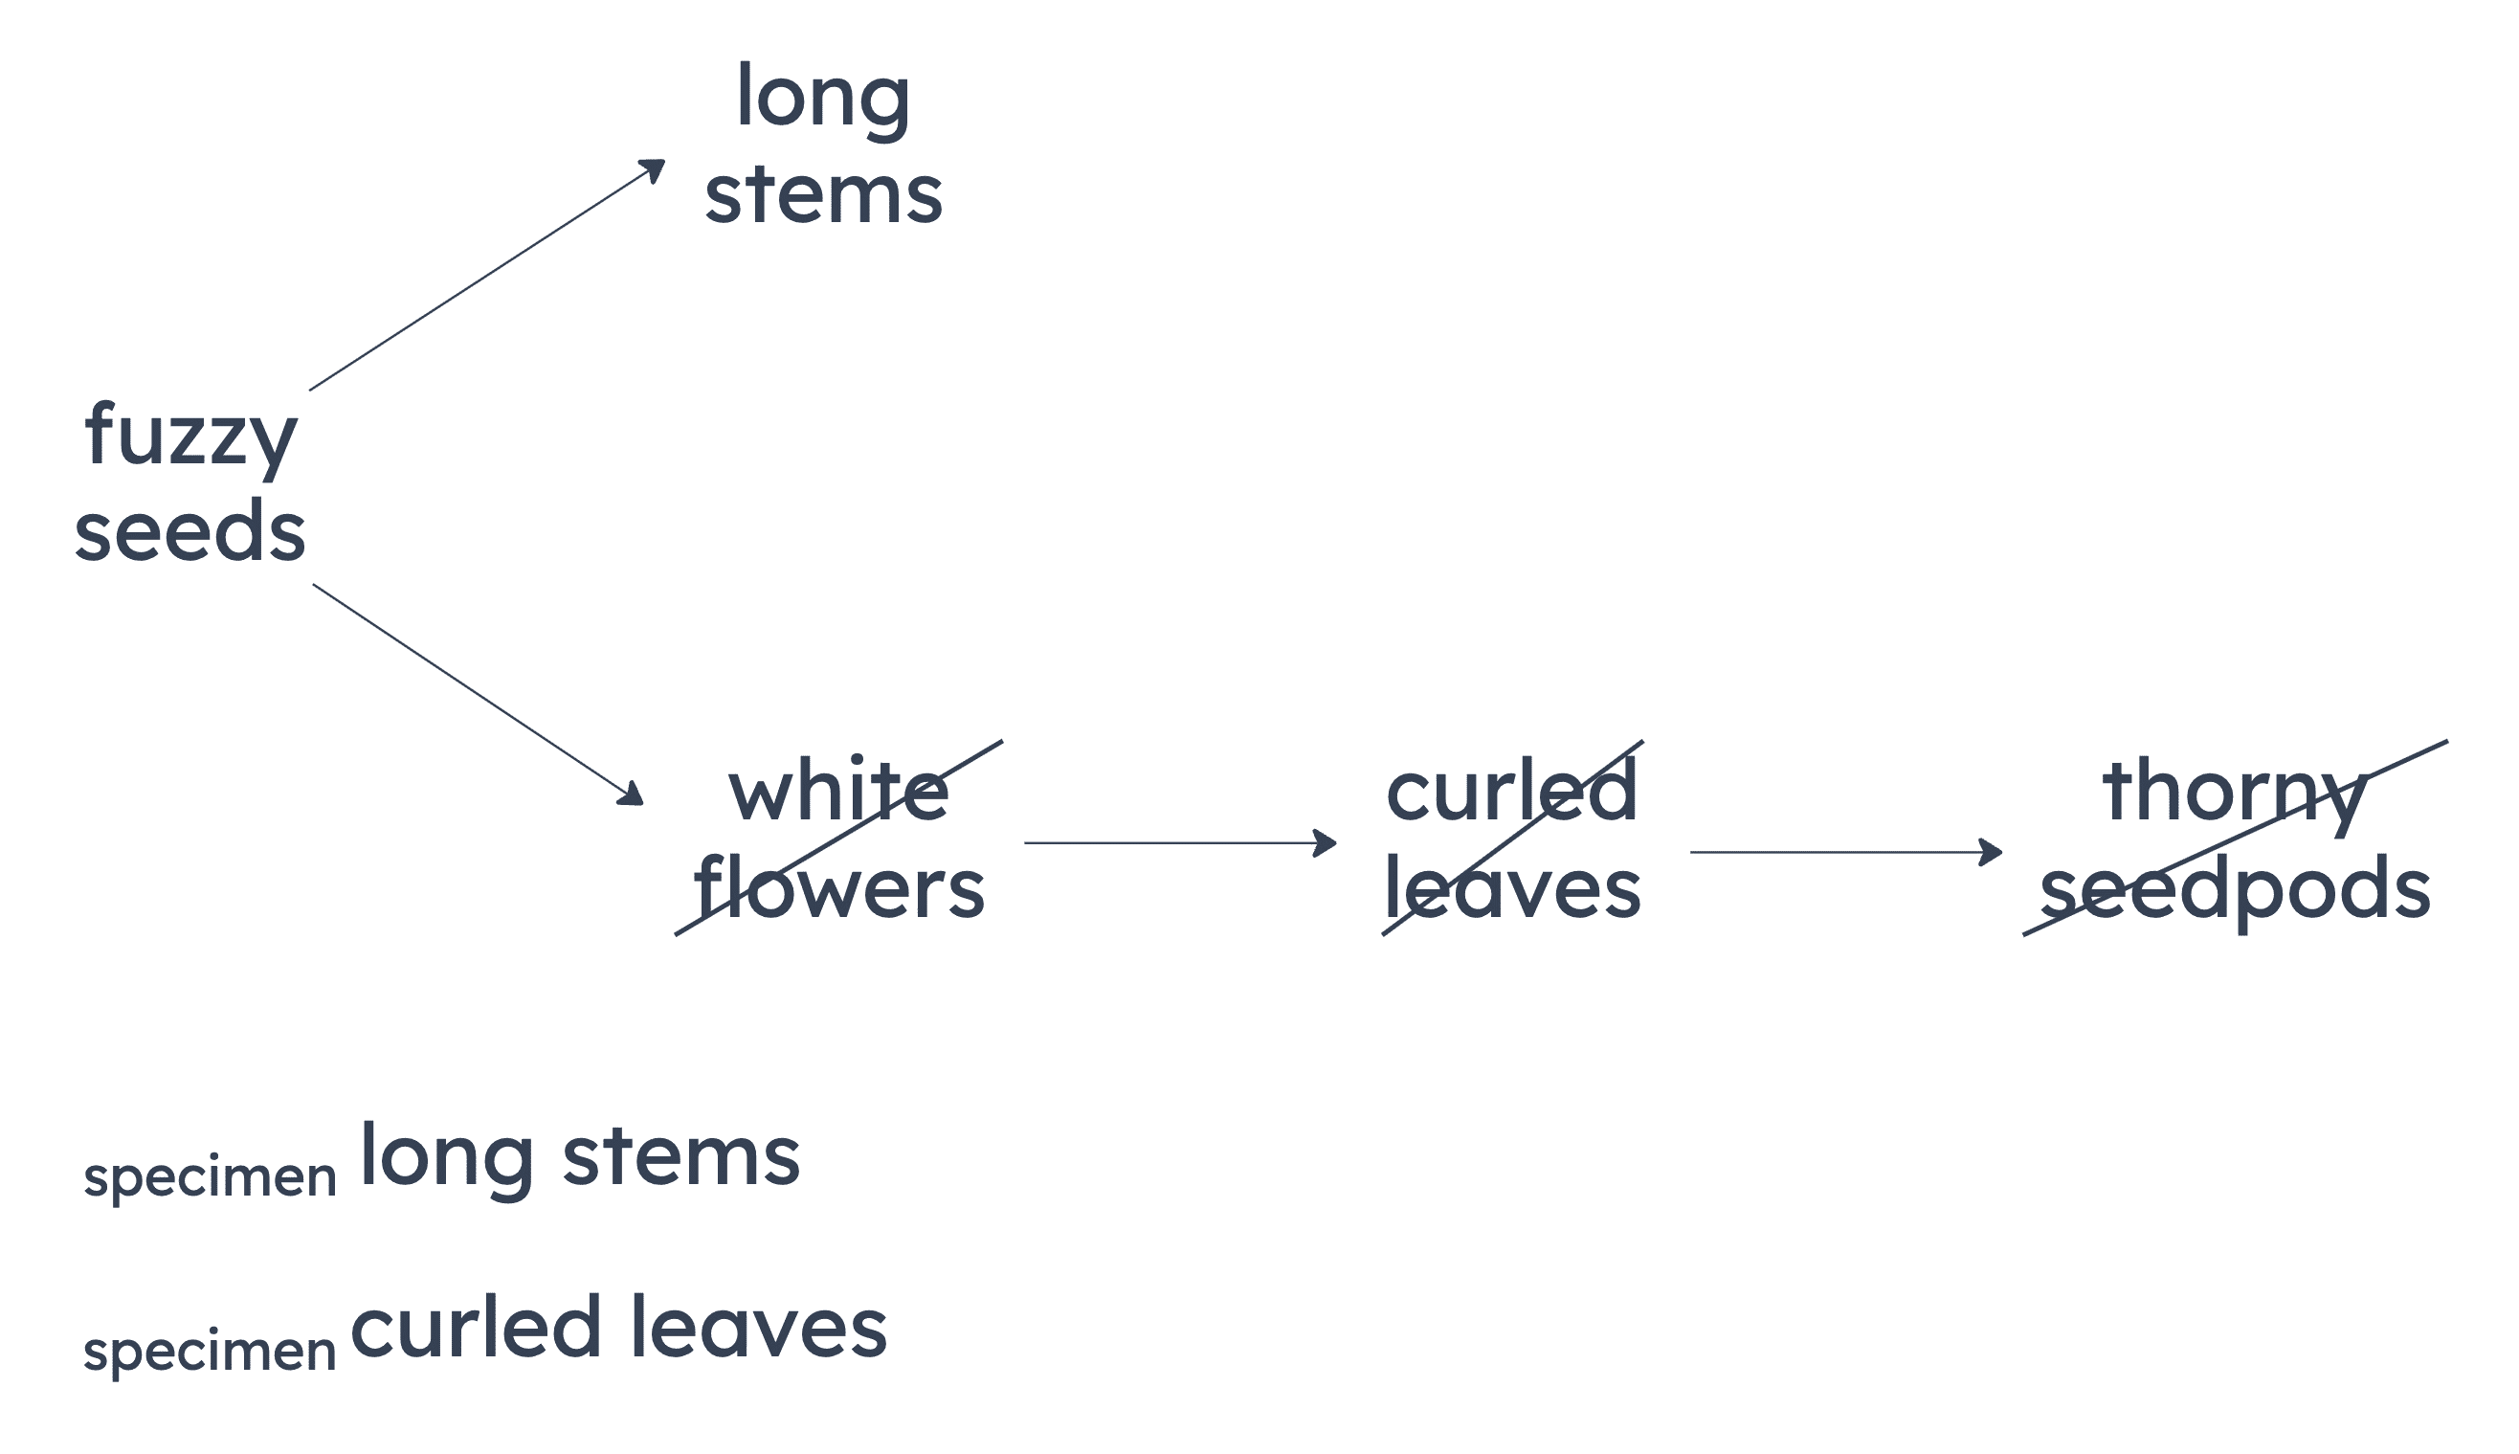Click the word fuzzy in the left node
(x=189, y=436)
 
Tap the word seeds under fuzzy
(x=189, y=530)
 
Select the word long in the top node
(x=823, y=98)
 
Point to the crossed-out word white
(x=838, y=792)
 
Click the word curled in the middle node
(x=1511, y=792)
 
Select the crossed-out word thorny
(x=2235, y=792)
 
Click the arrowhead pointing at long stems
(x=655, y=168)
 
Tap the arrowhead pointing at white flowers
(x=633, y=795)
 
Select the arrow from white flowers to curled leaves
(x=1178, y=843)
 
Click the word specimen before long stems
(x=210, y=1177)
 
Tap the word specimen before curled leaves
(x=210, y=1352)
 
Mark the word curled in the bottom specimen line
(x=475, y=1328)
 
